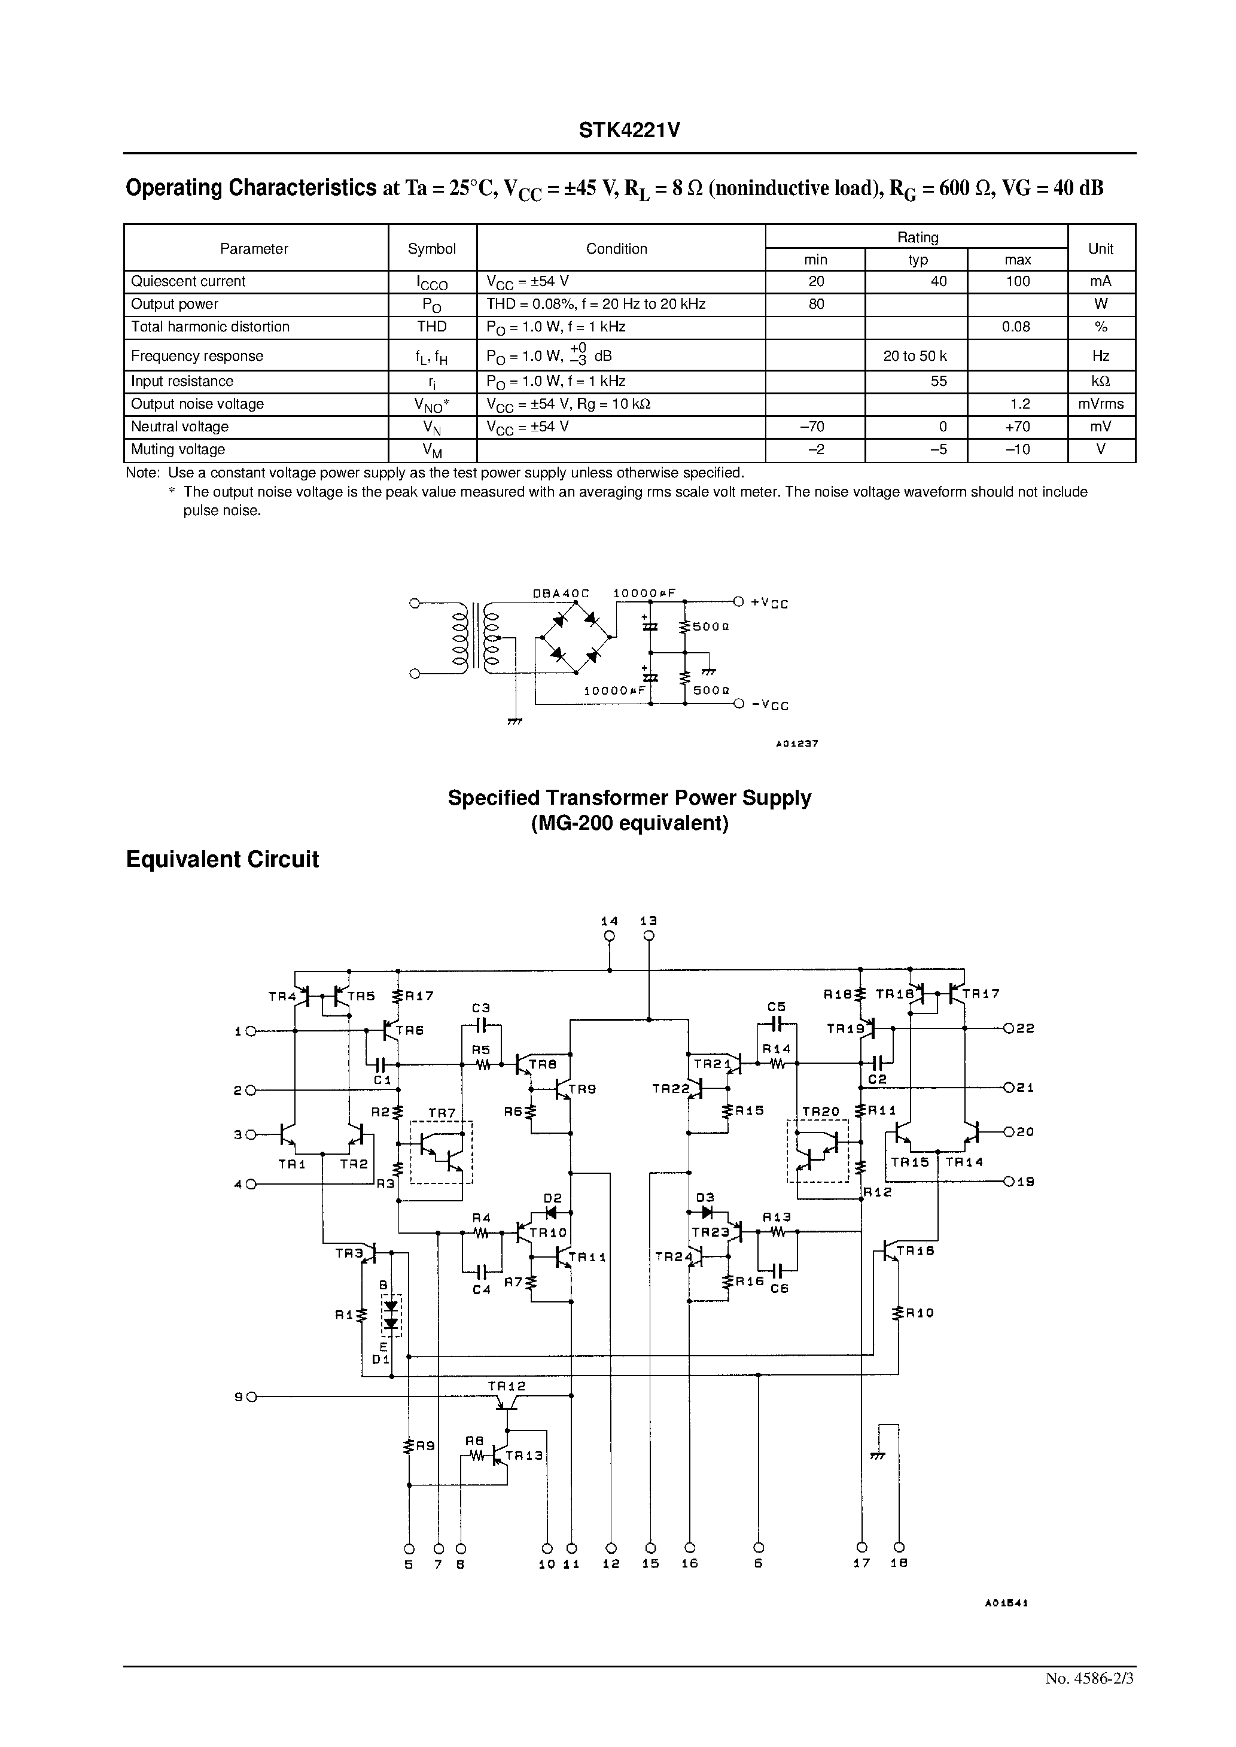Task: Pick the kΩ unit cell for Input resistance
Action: tap(1101, 381)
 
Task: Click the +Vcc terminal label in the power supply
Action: tap(769, 604)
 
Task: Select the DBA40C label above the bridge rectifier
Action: tap(561, 593)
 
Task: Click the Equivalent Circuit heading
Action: tap(222, 860)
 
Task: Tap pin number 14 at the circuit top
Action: tap(609, 921)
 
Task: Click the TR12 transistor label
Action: tap(506, 1386)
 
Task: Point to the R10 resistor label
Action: tap(920, 1313)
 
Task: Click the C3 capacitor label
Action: tap(480, 1008)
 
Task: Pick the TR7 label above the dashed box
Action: tap(442, 1113)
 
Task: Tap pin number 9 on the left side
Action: tap(238, 1397)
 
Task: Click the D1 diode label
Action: tap(380, 1359)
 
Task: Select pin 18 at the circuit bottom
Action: tap(899, 1565)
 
